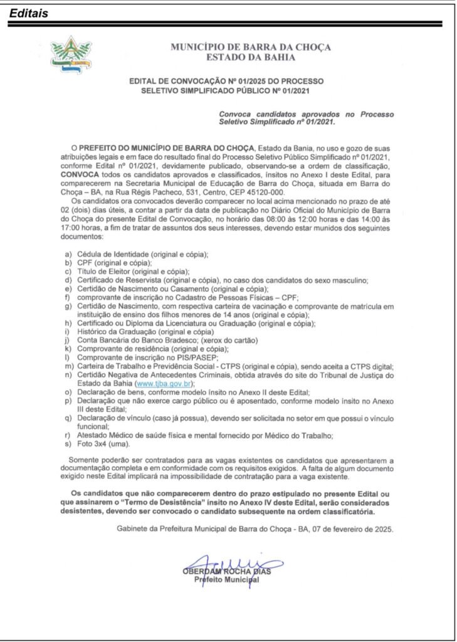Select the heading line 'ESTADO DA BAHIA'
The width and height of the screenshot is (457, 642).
pyautogui.click(x=251, y=58)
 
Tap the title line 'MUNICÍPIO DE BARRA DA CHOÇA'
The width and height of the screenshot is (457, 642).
pyautogui.click(x=251, y=48)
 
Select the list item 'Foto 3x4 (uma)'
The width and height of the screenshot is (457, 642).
pyautogui.click(x=103, y=445)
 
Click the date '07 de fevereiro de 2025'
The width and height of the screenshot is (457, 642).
pyautogui.click(x=351, y=529)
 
